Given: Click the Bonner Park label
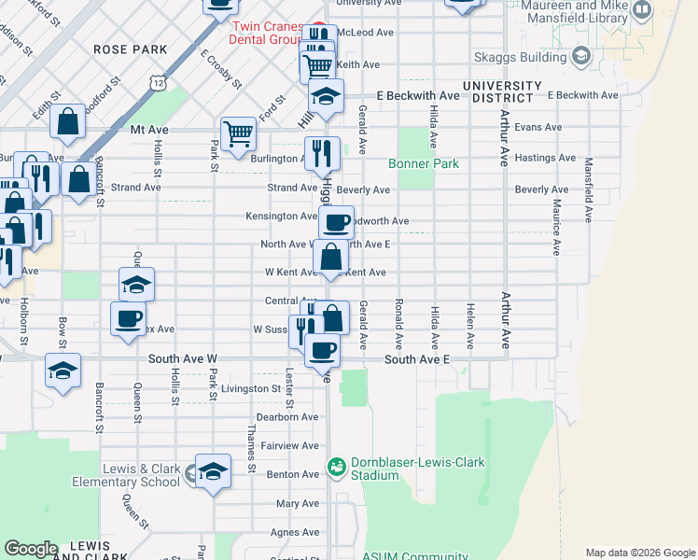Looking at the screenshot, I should coord(424,163).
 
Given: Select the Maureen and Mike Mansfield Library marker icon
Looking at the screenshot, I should coord(642,10).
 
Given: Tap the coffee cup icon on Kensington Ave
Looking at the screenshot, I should coord(337,222).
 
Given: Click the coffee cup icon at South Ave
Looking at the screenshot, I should coord(323,349).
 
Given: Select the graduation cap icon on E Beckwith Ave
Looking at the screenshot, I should coord(326,96).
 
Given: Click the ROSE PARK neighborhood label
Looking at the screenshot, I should coord(130,49).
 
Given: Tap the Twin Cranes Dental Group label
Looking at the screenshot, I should coord(270,35).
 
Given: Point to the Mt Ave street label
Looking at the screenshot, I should coord(148,130).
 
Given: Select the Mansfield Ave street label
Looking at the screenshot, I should coord(589,189).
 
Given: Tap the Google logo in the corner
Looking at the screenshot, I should coord(31,549).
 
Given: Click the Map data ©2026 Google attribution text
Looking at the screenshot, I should coord(640,553).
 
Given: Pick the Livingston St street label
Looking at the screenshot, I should coord(250,388).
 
